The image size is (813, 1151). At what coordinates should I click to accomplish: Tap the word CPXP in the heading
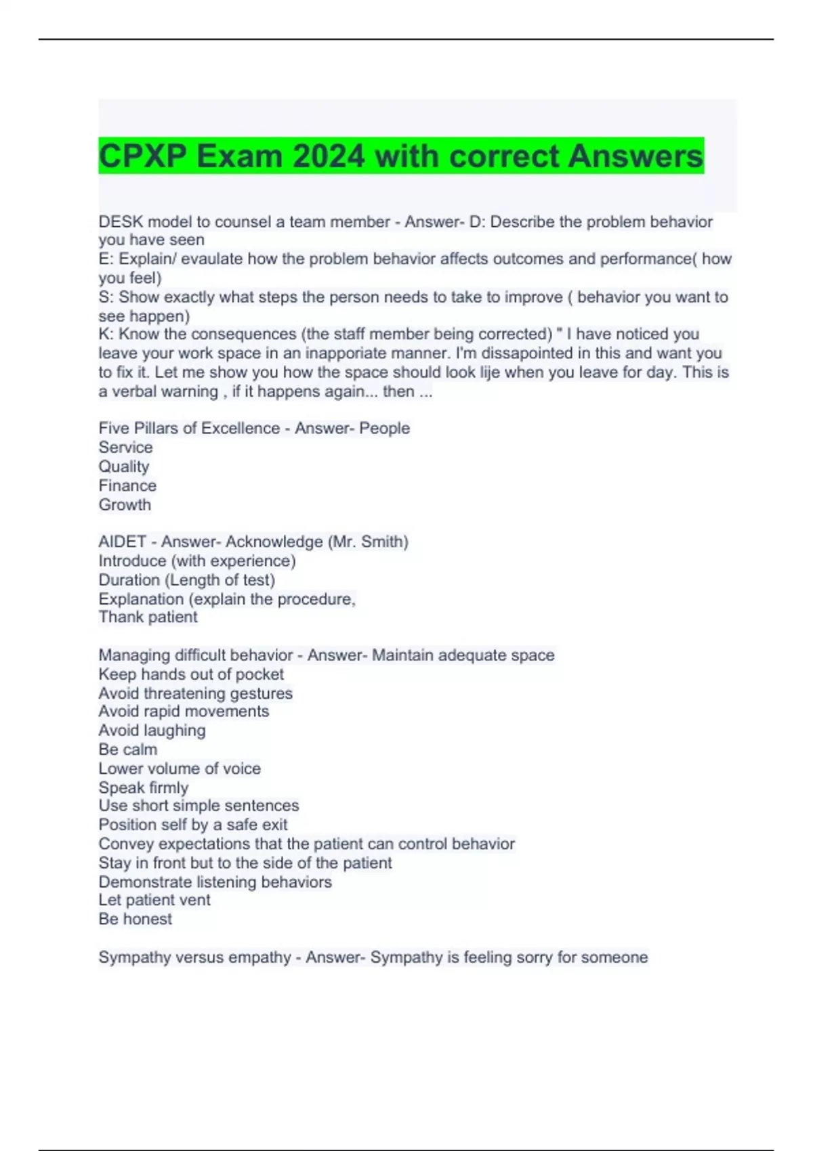pyautogui.click(x=142, y=156)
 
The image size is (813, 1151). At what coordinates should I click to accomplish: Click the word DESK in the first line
pyautogui.click(x=121, y=222)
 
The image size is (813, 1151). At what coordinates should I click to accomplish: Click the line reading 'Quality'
pyautogui.click(x=124, y=466)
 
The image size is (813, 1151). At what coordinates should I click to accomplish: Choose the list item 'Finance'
pyautogui.click(x=127, y=485)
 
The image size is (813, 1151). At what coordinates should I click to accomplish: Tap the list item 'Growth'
pyautogui.click(x=125, y=504)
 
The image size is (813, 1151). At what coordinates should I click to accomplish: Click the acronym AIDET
pyautogui.click(x=123, y=542)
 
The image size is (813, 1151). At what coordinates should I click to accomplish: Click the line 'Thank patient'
pyautogui.click(x=148, y=617)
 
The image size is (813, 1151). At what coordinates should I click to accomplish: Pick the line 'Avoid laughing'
pyautogui.click(x=152, y=731)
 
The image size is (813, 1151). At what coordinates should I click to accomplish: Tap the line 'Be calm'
pyautogui.click(x=127, y=750)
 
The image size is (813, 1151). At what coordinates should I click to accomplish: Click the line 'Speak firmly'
pyautogui.click(x=144, y=787)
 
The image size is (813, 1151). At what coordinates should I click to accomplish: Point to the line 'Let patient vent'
pyautogui.click(x=154, y=900)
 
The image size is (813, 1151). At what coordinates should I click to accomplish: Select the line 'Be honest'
pyautogui.click(x=135, y=919)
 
